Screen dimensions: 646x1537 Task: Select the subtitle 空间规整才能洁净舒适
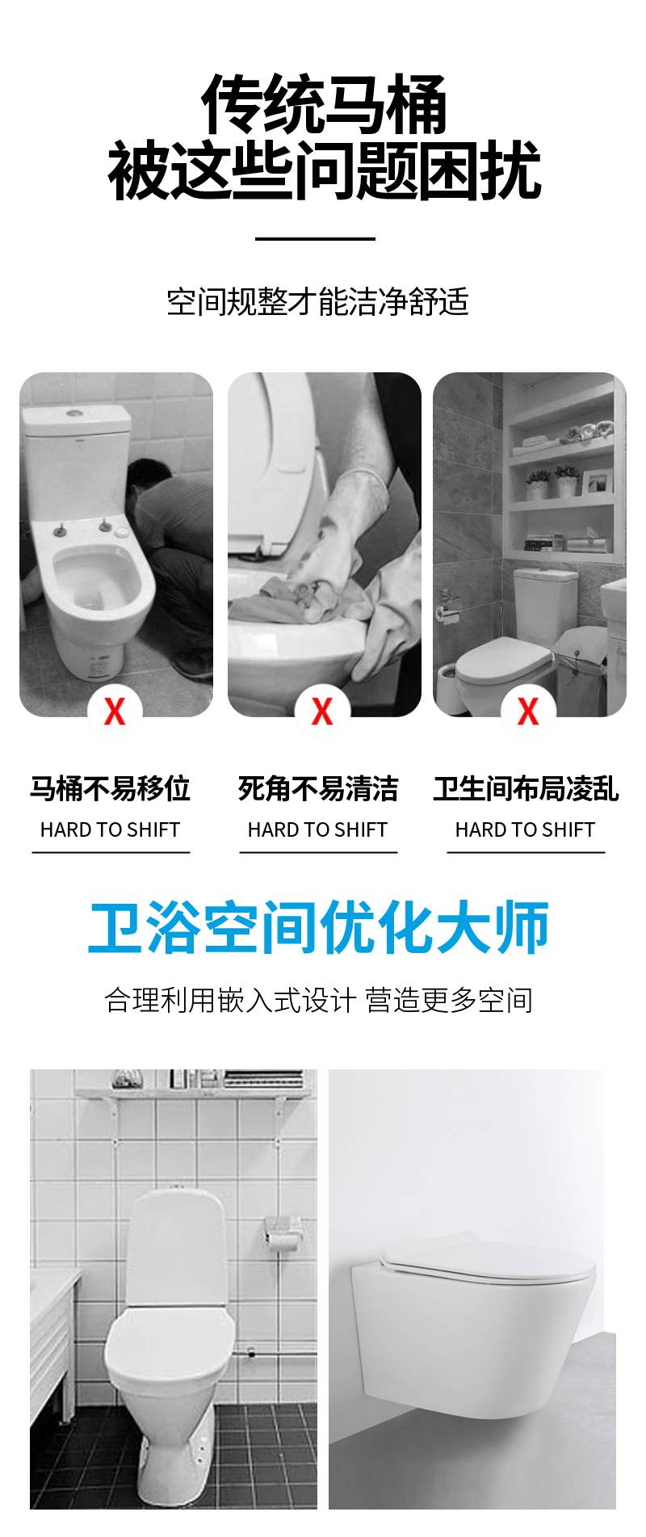[317, 301]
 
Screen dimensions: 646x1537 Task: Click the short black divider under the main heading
[315, 238]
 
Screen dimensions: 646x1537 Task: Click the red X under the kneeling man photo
[115, 712]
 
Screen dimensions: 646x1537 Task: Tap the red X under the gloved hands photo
[322, 712]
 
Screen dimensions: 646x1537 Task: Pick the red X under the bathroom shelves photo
[528, 712]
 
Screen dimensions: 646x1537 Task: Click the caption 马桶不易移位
[110, 788]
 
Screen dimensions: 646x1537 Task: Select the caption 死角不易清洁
[318, 788]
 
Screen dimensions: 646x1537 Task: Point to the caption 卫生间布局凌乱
[526, 788]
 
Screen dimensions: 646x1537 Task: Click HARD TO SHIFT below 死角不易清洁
[317, 829]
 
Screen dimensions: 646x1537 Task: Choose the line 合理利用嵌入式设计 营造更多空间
[318, 1000]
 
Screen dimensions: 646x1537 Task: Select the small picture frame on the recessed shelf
[598, 482]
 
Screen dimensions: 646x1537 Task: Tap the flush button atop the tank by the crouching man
[75, 412]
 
